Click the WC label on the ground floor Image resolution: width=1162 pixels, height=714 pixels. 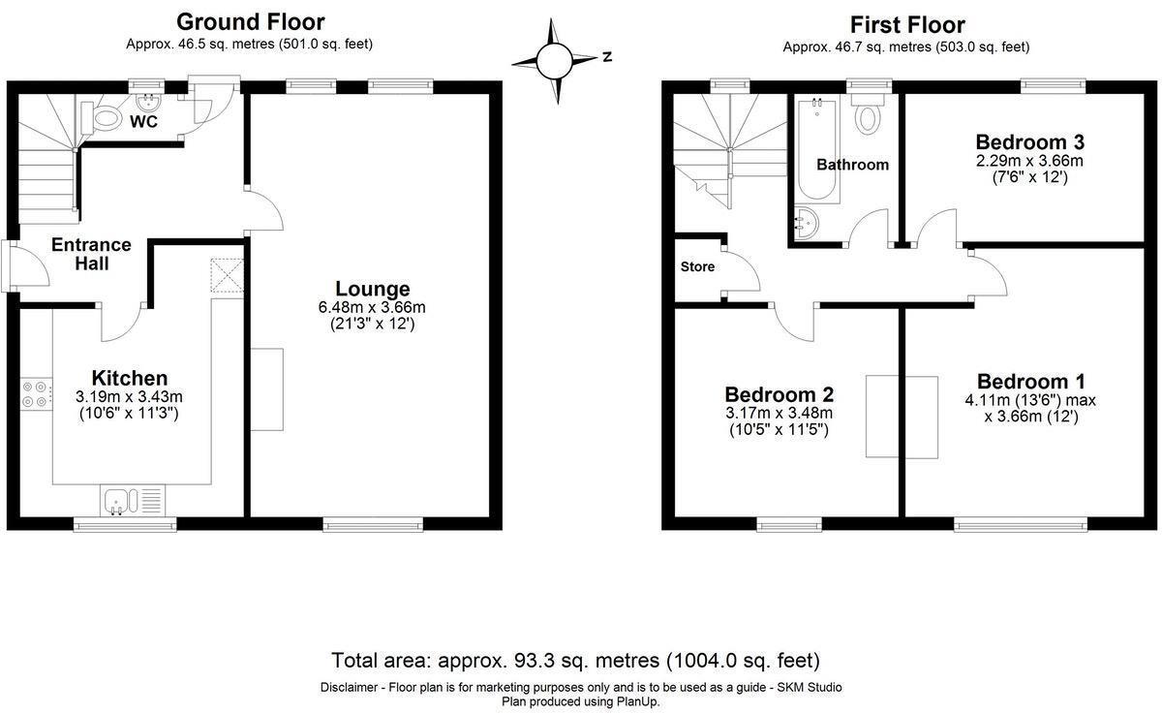click(x=143, y=121)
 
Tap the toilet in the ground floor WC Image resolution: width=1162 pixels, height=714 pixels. click(x=102, y=118)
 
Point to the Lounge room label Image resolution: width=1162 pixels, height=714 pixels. click(x=373, y=289)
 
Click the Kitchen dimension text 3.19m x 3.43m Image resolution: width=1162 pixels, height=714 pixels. click(x=129, y=397)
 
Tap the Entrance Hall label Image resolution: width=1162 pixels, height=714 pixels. click(x=91, y=254)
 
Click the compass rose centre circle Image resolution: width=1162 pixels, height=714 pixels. click(x=554, y=61)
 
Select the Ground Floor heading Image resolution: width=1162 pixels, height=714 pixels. click(x=251, y=22)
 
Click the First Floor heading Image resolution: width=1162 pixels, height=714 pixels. click(x=907, y=25)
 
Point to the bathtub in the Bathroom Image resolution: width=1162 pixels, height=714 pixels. click(x=817, y=150)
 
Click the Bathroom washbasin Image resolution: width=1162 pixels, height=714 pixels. click(x=805, y=224)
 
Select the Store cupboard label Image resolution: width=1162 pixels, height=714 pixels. click(x=697, y=266)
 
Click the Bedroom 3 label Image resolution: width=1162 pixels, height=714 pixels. click(x=1029, y=141)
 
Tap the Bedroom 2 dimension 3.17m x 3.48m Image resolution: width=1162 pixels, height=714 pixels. click(x=779, y=413)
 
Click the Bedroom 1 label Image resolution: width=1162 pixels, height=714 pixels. click(x=1030, y=382)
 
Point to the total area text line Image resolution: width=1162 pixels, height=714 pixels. click(x=576, y=661)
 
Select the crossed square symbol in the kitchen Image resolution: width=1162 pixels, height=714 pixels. click(x=227, y=275)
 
